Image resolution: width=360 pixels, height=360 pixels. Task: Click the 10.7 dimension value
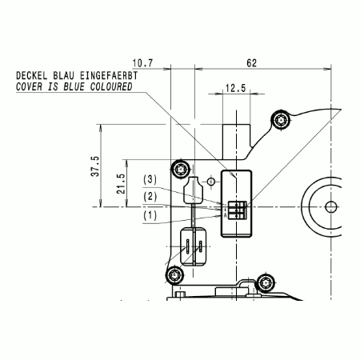point(142,63)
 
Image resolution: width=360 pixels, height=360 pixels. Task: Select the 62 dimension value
point(251,63)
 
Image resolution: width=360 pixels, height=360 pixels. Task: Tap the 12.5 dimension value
point(235,88)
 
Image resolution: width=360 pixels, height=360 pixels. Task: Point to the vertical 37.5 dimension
point(95,166)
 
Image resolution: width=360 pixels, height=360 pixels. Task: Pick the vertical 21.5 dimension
point(121,183)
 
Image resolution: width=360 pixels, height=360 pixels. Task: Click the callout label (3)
point(150,179)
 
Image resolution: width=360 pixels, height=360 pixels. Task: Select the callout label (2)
point(150,197)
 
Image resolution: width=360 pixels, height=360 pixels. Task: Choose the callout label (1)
point(150,215)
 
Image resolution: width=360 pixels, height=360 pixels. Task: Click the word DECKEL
point(32,76)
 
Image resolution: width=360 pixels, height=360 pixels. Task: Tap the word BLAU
point(63,76)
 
